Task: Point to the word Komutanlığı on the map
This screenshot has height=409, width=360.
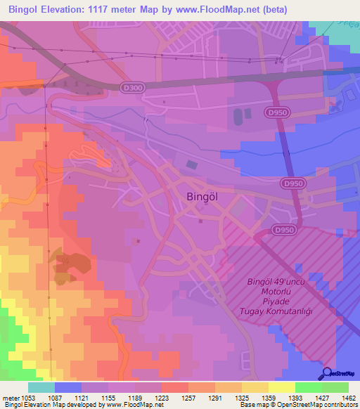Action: pyautogui.click(x=279, y=310)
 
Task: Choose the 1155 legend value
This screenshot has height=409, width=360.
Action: pyautogui.click(x=114, y=397)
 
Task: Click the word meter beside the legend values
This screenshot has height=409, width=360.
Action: pyautogui.click(x=9, y=397)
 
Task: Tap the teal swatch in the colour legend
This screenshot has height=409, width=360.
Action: pyautogui.click(x=41, y=387)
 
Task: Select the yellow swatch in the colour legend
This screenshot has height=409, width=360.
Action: pyautogui.click(x=282, y=387)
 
